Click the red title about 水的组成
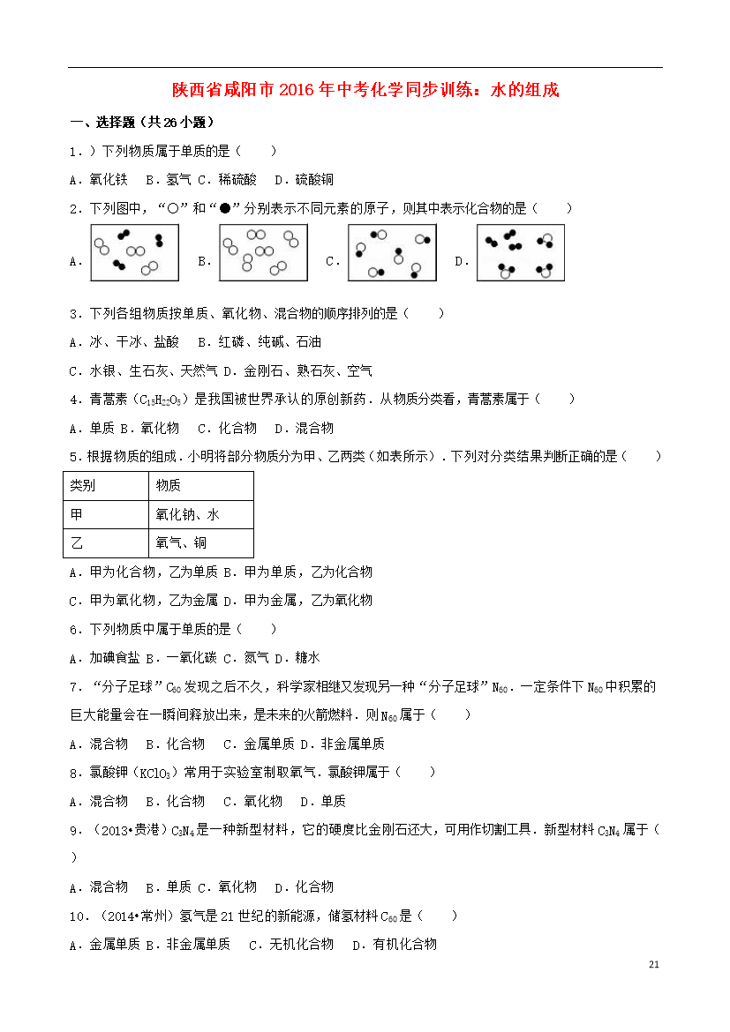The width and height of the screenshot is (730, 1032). [365, 90]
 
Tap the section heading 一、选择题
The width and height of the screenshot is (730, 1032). [142, 123]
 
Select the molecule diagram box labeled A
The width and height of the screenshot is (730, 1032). [134, 253]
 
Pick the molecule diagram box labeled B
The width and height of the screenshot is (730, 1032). [264, 253]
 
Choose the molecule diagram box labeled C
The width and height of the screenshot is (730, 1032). [392, 253]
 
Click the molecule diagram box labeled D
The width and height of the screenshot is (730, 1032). [521, 253]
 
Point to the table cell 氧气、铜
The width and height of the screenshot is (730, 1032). [181, 542]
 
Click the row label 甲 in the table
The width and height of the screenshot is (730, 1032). [77, 514]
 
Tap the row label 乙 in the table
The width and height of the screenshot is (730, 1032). [77, 542]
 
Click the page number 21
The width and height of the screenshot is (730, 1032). [653, 963]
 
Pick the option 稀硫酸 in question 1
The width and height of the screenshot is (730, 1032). [238, 180]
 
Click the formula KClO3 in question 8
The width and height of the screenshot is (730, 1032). [157, 773]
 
